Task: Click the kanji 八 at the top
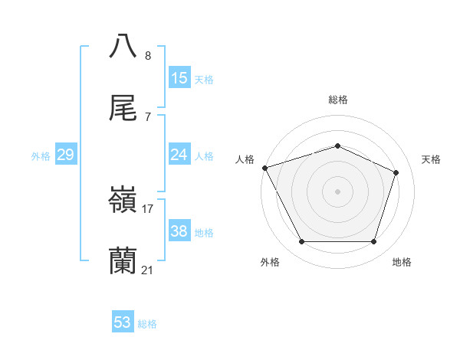pyautogui.click(x=123, y=45)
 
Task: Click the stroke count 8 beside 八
pyautogui.click(x=147, y=55)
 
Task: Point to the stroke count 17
pyautogui.click(x=148, y=208)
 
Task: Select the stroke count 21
pyautogui.click(x=148, y=270)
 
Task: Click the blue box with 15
pyautogui.click(x=179, y=78)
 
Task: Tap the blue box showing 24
pyautogui.click(x=179, y=155)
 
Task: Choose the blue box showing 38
pyautogui.click(x=179, y=231)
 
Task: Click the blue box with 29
pyautogui.click(x=65, y=155)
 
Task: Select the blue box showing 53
pyautogui.click(x=122, y=322)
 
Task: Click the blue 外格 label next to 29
pyautogui.click(x=41, y=156)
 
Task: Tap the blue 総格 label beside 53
pyautogui.click(x=147, y=324)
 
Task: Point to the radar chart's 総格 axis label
pyautogui.click(x=338, y=100)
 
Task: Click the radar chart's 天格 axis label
pyautogui.click(x=431, y=159)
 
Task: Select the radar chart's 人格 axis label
pyautogui.click(x=245, y=159)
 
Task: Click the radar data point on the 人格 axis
pyautogui.click(x=264, y=168)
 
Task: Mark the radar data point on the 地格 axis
pyautogui.click(x=374, y=242)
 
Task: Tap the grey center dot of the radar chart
pyautogui.click(x=338, y=191)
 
